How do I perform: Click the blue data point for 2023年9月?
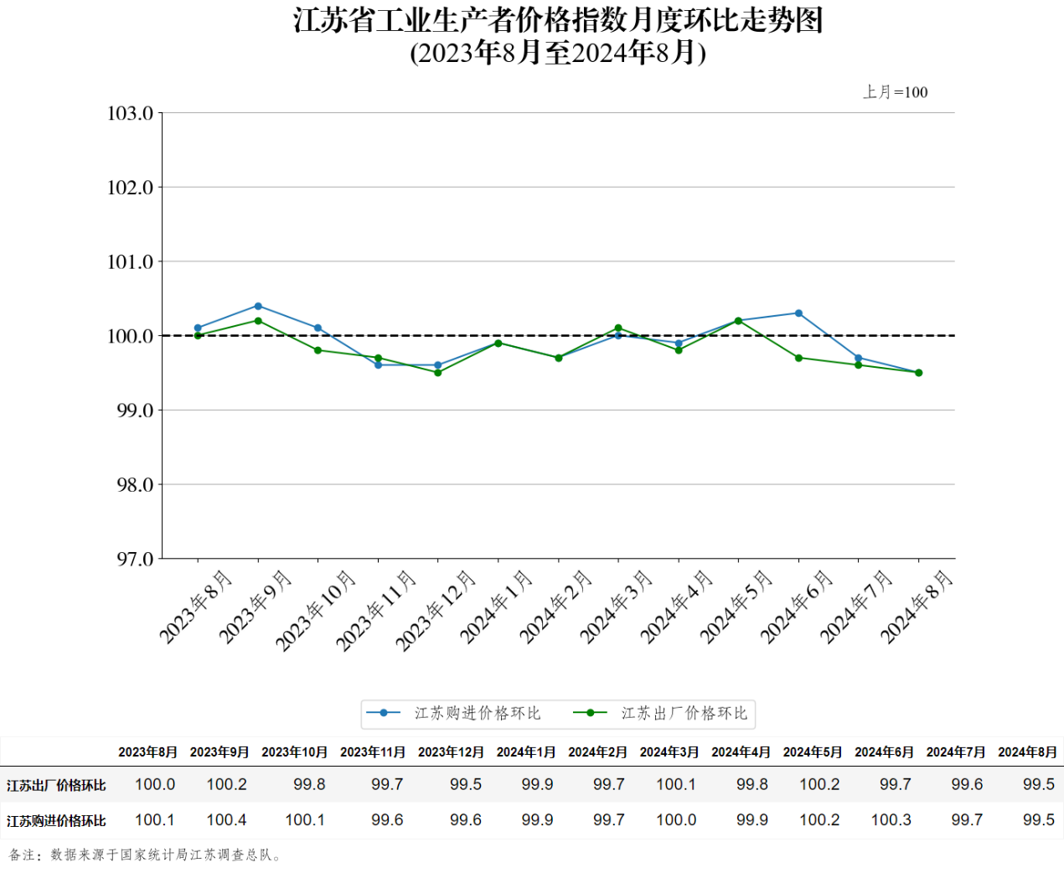point(258,306)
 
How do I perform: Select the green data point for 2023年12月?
point(438,373)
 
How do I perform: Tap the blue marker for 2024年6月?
point(798,313)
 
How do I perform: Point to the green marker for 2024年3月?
point(618,328)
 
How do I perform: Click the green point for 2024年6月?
point(798,358)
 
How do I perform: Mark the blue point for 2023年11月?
point(378,365)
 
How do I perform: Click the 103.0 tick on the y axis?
point(131,113)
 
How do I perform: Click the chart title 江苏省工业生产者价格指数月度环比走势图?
point(558,20)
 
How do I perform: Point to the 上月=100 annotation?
point(896,92)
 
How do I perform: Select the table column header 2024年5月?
point(813,752)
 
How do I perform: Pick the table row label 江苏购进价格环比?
point(56,821)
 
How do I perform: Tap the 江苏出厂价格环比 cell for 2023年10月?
point(309,785)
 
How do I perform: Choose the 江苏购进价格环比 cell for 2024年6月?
point(891,820)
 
